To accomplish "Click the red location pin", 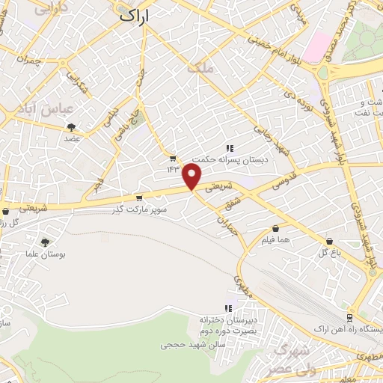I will pos(193,176).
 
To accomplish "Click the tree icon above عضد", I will pos(72,127).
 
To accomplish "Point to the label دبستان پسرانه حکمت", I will pos(220,159).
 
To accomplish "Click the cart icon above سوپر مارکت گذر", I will pos(138,198).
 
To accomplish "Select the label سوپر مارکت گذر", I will pos(138,209).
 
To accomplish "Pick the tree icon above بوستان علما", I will pos(46,242).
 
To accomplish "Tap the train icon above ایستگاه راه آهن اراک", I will pos(373,317).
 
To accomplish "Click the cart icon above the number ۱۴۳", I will pos(174,158).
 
